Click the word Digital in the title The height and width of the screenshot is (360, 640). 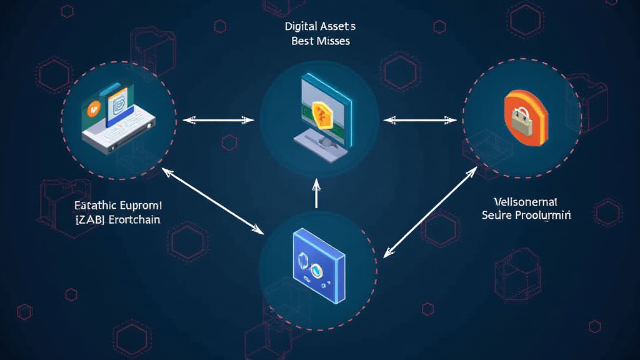coord(302,27)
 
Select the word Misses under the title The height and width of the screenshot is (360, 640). coord(334,41)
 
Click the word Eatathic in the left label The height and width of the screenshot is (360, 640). coord(94,205)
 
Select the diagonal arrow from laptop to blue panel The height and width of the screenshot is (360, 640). coord(212,201)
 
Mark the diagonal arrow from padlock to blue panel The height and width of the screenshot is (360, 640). coord(431,213)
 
